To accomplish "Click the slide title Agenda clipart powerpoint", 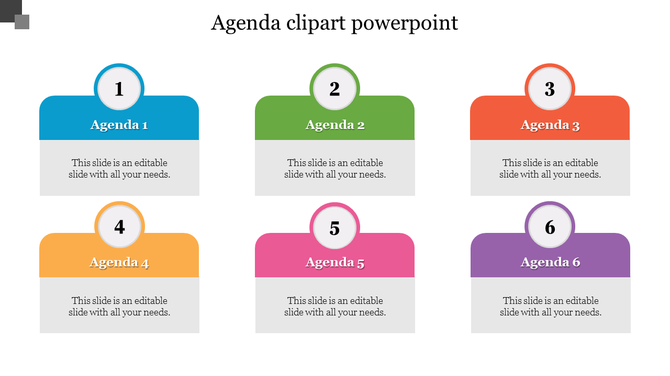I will pyautogui.click(x=335, y=23).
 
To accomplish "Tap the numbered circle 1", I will pyautogui.click(x=119, y=89).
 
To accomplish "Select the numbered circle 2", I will pyautogui.click(x=335, y=89).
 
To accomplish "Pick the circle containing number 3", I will pyautogui.click(x=549, y=89).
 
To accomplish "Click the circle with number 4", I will pyautogui.click(x=119, y=227).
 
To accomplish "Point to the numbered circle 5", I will pyautogui.click(x=335, y=227).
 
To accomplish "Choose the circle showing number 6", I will pyautogui.click(x=549, y=227).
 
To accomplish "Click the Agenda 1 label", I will pyautogui.click(x=119, y=126).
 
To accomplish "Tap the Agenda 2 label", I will pyautogui.click(x=335, y=126).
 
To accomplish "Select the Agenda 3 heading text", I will pyautogui.click(x=550, y=126).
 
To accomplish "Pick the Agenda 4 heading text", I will pyautogui.click(x=119, y=263).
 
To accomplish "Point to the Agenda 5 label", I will pyautogui.click(x=335, y=263).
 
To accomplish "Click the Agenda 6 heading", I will pyautogui.click(x=550, y=263).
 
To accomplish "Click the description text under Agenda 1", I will pyautogui.click(x=119, y=168).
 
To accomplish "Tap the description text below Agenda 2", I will pyautogui.click(x=335, y=168).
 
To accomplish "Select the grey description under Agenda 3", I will pyautogui.click(x=550, y=168).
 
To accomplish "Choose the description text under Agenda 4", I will pyautogui.click(x=119, y=306).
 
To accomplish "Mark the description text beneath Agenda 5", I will pyautogui.click(x=335, y=306).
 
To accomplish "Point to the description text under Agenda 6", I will pyautogui.click(x=550, y=306).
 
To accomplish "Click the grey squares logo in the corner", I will pyautogui.click(x=14, y=14).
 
